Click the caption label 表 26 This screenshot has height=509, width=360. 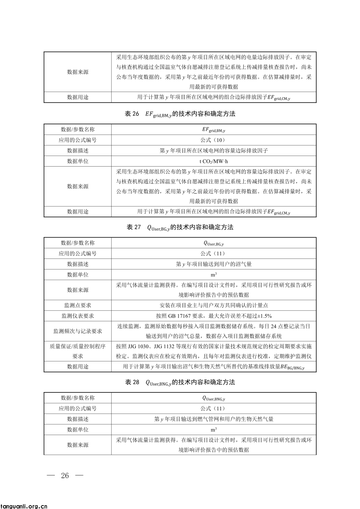point(132,114)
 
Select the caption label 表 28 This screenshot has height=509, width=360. point(132,382)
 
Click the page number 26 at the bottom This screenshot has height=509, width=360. point(65,475)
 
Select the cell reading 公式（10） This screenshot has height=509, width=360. point(214,140)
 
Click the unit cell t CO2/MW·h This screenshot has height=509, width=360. point(214,161)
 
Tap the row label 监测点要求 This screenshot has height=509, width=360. point(78,305)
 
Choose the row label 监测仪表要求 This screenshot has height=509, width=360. point(78,316)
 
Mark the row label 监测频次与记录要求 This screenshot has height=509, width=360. point(78,331)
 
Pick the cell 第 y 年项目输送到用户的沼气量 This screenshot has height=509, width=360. point(214,264)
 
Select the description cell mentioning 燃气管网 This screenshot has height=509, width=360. point(214,419)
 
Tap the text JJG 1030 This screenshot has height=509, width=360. point(137,346)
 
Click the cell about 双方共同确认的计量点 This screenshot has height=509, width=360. point(214,305)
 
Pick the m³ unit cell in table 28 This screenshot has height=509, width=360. point(214,430)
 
